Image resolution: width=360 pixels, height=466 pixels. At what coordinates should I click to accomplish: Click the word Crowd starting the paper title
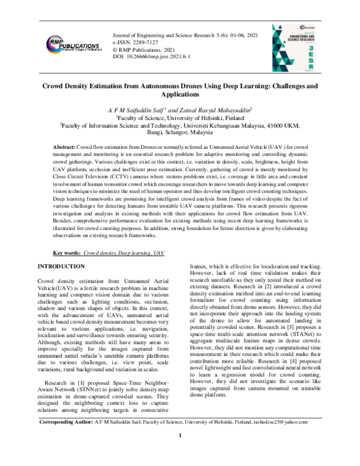pos(53,86)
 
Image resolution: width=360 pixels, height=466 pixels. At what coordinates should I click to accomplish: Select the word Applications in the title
pos(180,95)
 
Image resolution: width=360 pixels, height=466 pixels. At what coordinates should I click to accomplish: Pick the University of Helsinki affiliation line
pos(180,118)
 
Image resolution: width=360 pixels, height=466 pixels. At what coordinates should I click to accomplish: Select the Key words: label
pos(67,254)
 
